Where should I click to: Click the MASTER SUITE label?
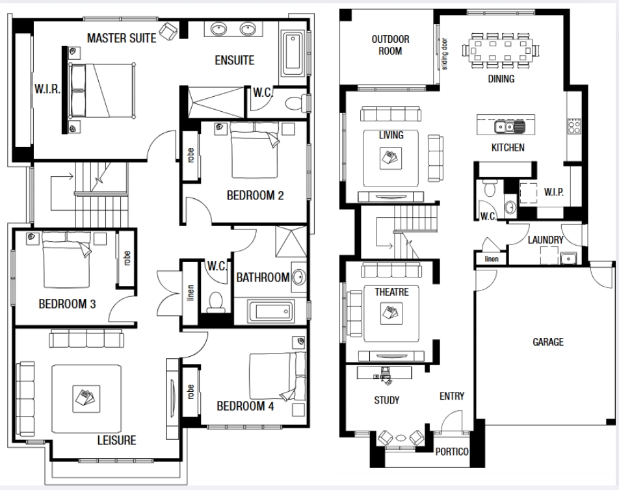122,38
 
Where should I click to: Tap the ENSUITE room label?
235,60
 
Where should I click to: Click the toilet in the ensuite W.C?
296,103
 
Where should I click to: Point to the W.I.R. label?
47,89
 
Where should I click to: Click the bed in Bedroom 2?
254,149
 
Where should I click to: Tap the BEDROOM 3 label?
67,303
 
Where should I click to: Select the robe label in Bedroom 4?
191,392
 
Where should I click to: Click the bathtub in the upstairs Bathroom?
271,311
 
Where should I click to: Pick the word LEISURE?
117,441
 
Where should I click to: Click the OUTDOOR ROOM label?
390,45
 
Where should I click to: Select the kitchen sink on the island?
509,127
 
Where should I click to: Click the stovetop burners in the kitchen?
574,126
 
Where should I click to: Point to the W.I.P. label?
554,192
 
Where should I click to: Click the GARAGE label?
548,342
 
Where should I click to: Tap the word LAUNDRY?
546,240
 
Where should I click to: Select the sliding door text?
445,54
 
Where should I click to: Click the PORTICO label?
452,452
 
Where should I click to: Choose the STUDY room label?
386,400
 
